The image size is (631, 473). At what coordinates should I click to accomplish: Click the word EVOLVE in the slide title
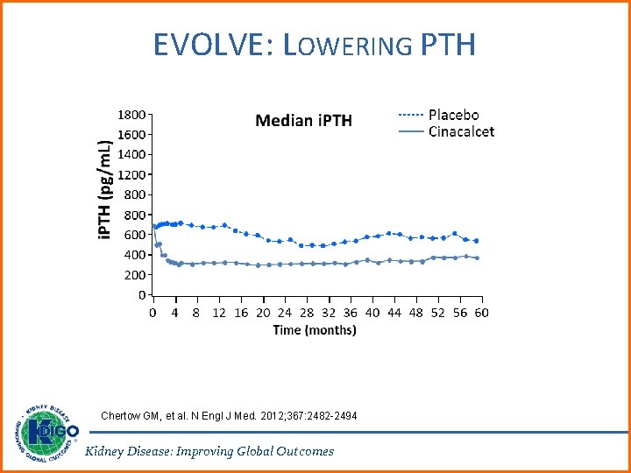point(211,44)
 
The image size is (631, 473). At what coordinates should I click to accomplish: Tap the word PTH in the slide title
point(448,44)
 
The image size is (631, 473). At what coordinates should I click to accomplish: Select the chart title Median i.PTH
point(303,120)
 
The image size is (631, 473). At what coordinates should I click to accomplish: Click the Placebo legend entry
point(453,115)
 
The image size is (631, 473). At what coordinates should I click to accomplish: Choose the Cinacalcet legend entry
point(461,131)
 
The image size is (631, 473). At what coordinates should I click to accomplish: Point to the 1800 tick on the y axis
point(131,114)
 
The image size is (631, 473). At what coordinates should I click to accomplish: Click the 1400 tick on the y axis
point(131,154)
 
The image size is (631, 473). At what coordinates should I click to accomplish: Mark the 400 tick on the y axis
point(135,255)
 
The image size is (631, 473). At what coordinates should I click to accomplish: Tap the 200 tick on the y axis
point(135,275)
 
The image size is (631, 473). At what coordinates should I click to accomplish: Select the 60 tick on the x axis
point(481,313)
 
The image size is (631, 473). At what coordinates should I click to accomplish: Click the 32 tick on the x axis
point(328,313)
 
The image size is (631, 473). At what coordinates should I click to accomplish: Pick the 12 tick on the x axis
point(218,313)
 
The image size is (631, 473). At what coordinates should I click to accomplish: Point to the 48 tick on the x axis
point(415,313)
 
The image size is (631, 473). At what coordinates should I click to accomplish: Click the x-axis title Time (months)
point(315,330)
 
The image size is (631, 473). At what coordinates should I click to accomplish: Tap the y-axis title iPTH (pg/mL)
point(104,192)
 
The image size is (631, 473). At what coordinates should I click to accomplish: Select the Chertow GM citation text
point(229,415)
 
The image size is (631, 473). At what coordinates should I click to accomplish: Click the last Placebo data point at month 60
point(477,240)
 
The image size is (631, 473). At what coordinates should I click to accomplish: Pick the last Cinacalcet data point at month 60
point(477,258)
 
